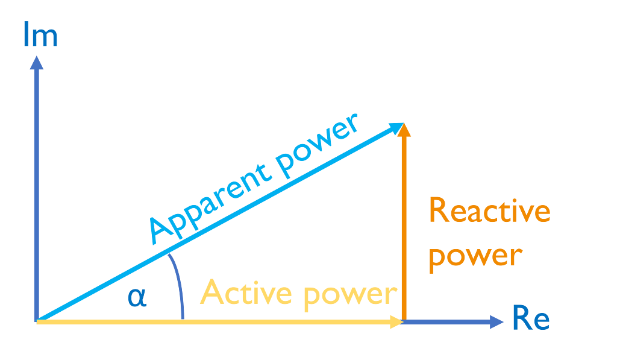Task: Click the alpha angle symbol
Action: coord(137,297)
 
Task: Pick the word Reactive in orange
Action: coord(489,212)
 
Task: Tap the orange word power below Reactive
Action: coord(474,255)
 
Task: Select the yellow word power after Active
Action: coord(350,294)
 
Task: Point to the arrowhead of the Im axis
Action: coord(37,62)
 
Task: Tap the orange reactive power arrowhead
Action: coord(404,129)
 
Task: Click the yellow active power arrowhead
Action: coord(396,322)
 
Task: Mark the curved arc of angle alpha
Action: coord(178,283)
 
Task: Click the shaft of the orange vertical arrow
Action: coord(404,229)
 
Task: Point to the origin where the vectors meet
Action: coord(37,321)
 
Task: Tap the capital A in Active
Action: coord(213,293)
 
